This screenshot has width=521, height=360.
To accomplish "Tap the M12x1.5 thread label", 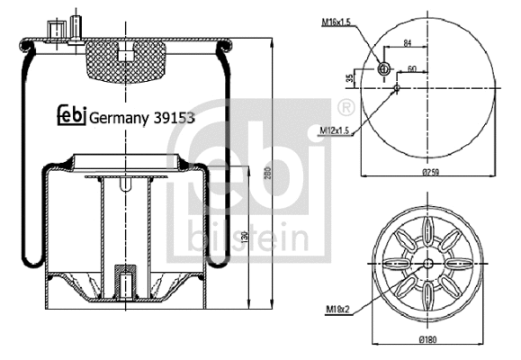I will pos(335,131).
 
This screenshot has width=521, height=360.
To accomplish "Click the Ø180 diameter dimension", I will pos(428,341).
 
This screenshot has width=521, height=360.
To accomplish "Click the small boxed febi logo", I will pos(71,114).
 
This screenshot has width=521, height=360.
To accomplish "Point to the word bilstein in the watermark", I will pos(249,238).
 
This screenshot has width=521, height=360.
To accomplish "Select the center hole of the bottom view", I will pos(427,264).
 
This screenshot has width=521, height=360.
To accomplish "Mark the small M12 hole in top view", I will pos(397,87).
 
